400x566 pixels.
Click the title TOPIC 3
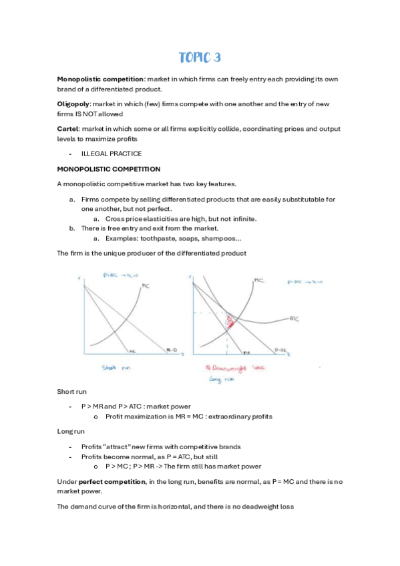200,57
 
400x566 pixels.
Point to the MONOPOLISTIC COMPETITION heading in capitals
109,169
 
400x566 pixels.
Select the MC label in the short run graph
146,287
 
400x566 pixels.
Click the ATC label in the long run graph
294,319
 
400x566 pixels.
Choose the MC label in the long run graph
257,281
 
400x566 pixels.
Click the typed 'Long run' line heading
71,431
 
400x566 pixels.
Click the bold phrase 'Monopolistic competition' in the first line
100,79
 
